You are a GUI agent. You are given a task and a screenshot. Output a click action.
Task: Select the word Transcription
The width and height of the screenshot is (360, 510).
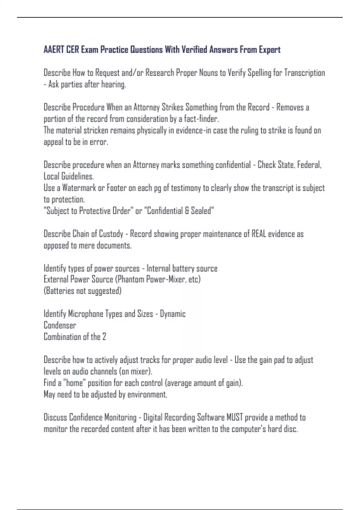coord(304,73)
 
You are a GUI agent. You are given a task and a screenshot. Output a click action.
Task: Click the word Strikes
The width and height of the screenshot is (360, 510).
coord(172,107)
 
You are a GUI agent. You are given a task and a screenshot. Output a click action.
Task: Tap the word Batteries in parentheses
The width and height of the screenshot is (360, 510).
coord(60,291)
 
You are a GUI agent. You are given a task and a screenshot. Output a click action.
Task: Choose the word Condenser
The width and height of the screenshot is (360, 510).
coord(60,325)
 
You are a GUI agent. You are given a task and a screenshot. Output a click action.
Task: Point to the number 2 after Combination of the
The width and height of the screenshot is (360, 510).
coord(104,337)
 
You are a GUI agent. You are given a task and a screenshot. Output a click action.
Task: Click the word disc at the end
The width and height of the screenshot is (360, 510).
coord(290,429)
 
